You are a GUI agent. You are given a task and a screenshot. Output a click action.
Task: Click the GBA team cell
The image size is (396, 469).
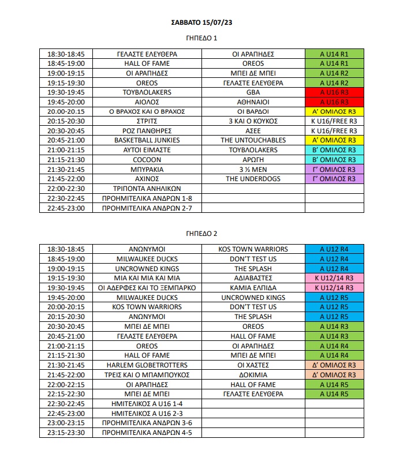(x=253, y=92)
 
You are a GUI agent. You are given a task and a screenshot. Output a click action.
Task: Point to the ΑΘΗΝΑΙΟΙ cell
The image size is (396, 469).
(x=253, y=101)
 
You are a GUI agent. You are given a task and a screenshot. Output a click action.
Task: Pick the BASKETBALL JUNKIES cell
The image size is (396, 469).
(x=147, y=140)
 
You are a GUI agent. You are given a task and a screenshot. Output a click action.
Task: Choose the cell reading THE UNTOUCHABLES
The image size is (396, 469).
(x=253, y=140)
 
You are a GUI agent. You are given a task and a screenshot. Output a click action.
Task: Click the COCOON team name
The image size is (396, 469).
(x=147, y=159)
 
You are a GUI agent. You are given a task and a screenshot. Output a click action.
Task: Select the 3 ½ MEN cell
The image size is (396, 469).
(x=253, y=170)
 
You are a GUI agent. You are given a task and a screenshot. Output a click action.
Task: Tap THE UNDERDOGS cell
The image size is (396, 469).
(x=253, y=179)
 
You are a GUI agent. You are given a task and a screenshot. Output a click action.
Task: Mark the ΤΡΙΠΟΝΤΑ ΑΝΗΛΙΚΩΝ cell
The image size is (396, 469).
(x=147, y=189)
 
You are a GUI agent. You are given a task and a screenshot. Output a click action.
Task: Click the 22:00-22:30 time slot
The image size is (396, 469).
(x=66, y=189)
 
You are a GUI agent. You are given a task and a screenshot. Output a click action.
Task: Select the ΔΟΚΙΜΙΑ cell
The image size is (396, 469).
(x=253, y=375)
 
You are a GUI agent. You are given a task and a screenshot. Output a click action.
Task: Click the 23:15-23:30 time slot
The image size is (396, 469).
(x=66, y=433)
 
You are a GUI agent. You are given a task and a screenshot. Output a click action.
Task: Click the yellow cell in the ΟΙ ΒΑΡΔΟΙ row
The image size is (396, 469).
(x=334, y=111)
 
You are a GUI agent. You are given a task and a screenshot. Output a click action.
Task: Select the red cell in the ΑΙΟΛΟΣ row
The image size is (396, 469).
(x=334, y=101)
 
